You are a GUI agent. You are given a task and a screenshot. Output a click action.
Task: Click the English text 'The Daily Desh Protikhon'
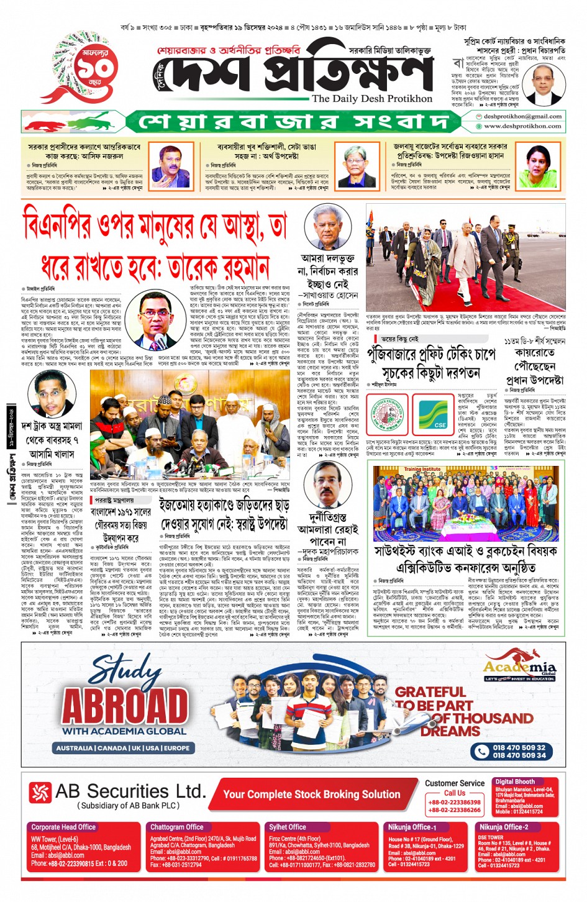pyautogui.click(x=371, y=98)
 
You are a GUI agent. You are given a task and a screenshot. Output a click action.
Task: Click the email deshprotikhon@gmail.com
pyautogui.click(x=522, y=116)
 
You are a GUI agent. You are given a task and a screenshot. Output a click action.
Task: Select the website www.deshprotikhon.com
pyautogui.click(x=522, y=126)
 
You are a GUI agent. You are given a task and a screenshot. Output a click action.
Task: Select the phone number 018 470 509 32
pyautogui.click(x=519, y=747)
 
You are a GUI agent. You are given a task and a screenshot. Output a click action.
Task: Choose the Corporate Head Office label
pyautogui.click(x=63, y=827)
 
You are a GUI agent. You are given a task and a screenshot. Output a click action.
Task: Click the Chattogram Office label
pyautogui.click(x=176, y=827)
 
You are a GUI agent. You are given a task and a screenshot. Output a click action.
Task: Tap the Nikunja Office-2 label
pyautogui.click(x=504, y=827)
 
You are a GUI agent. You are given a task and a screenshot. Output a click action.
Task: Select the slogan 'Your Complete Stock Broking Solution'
pyautogui.click(x=312, y=795)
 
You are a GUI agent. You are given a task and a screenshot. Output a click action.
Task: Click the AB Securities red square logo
pyautogui.click(x=40, y=792)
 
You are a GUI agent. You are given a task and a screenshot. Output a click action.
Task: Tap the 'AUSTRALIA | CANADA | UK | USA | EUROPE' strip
pyautogui.click(x=122, y=748)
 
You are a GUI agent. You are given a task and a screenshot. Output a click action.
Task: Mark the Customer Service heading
pyautogui.click(x=455, y=783)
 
